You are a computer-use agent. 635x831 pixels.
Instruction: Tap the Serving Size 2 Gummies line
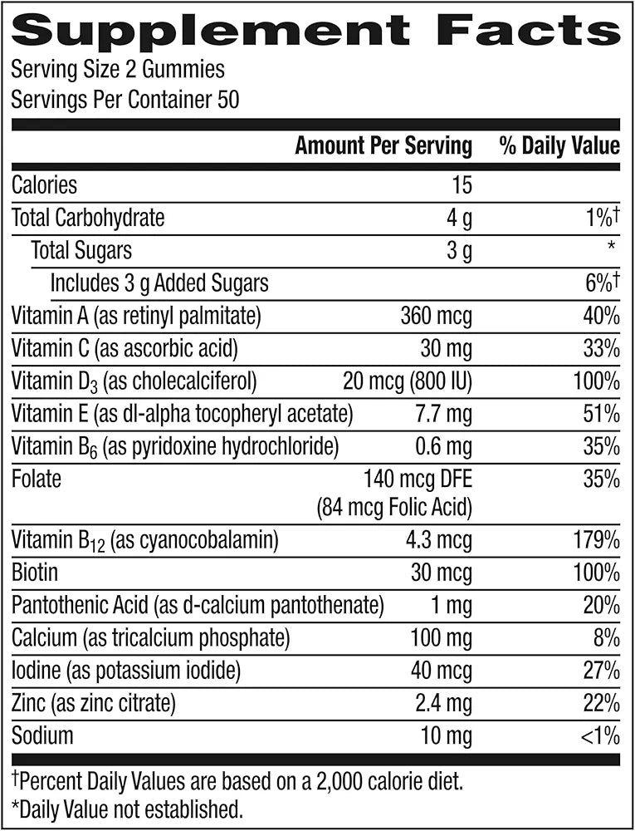tap(118, 70)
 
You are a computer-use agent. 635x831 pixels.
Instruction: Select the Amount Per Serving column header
tap(383, 147)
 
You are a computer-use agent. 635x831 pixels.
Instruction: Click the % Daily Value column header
tap(559, 147)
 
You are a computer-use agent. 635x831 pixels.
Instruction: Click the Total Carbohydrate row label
tap(88, 218)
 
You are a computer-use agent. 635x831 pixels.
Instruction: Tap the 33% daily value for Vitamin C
tap(601, 348)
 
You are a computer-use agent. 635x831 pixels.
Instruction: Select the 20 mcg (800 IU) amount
tap(407, 381)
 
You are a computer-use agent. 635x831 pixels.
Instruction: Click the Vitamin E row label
tap(182, 413)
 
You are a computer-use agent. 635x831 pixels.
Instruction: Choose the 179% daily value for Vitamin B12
tap(595, 541)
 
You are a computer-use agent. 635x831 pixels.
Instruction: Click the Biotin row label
tap(35, 573)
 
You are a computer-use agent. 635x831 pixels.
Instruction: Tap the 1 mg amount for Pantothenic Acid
tap(452, 606)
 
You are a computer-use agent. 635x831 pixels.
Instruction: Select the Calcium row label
tap(150, 638)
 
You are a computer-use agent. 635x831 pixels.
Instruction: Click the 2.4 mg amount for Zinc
tap(443, 703)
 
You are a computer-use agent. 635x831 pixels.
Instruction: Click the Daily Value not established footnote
tap(125, 807)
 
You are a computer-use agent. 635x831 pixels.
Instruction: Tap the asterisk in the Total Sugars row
tap(611, 247)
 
